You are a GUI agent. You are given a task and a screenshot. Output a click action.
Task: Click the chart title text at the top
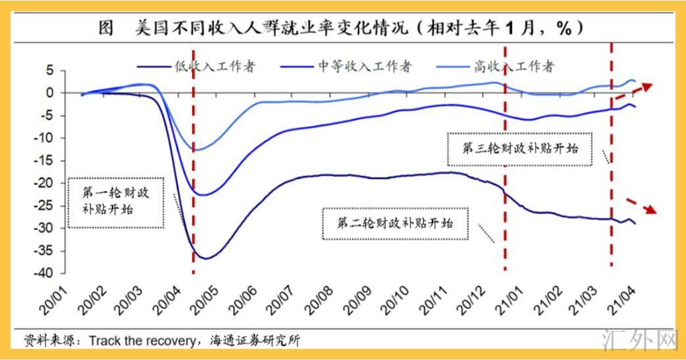click(341, 29)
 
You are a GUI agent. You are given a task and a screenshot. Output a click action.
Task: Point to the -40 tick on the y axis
click(49, 273)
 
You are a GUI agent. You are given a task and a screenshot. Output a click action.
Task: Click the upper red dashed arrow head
click(650, 86)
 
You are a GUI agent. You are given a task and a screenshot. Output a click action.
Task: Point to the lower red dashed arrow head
click(651, 210)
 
